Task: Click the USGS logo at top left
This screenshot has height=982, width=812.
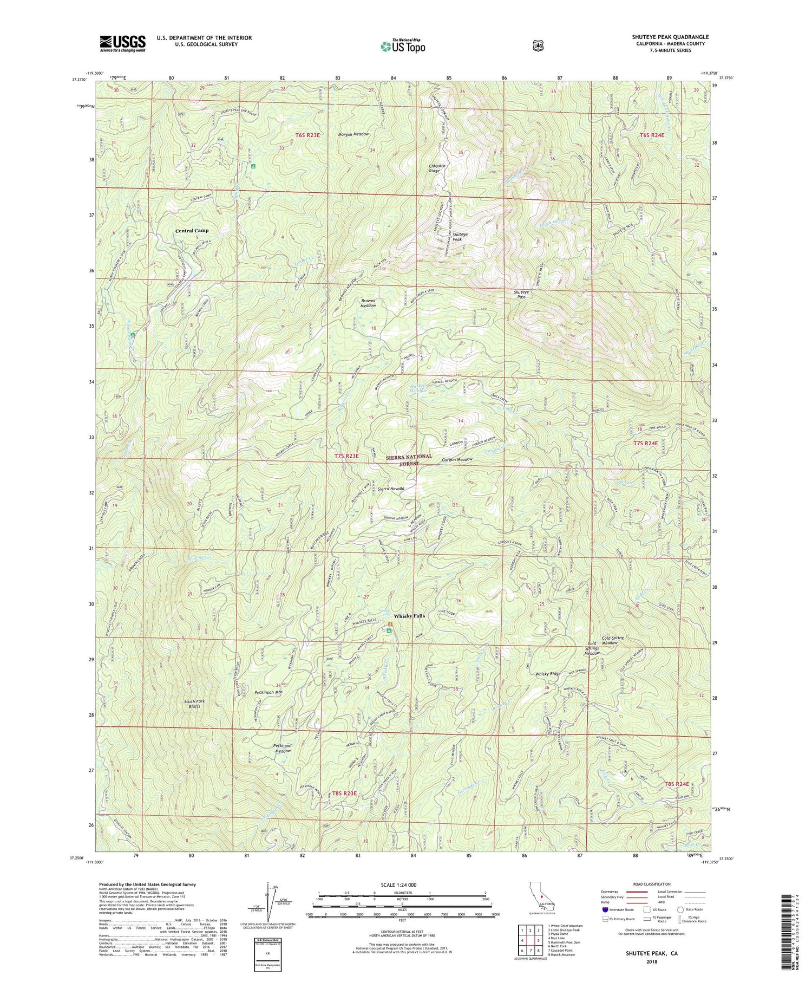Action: tap(122, 43)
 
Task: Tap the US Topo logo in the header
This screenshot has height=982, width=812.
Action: tap(403, 46)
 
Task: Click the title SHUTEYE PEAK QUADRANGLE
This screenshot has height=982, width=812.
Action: tap(670, 37)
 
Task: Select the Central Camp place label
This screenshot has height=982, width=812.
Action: tap(192, 231)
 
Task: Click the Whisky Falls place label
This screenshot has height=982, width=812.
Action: tap(409, 616)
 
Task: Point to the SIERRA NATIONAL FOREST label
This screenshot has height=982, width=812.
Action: tap(409, 460)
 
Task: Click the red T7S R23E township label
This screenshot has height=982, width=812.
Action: tap(346, 456)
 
